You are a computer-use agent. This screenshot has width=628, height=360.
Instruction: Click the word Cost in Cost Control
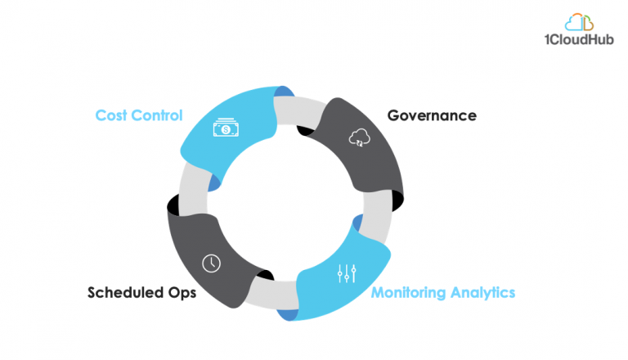[x=110, y=115]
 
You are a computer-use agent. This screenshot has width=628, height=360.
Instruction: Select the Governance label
[x=431, y=115]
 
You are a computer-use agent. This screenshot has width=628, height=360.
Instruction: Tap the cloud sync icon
[x=359, y=137]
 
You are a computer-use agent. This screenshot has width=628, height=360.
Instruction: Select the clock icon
[x=211, y=263]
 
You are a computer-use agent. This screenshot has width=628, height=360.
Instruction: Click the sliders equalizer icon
[x=346, y=274]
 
